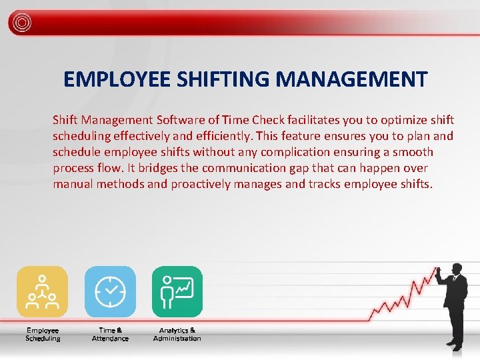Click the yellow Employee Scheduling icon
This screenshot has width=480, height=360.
click(42, 291)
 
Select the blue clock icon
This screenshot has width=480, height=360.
click(110, 291)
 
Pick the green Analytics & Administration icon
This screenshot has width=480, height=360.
click(177, 291)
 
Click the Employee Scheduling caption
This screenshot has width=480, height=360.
click(43, 334)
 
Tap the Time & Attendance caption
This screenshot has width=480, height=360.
click(110, 334)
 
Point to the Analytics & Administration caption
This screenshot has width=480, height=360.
click(177, 334)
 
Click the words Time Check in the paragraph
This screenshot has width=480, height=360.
click(251, 120)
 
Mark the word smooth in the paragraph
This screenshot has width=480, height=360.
click(413, 152)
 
